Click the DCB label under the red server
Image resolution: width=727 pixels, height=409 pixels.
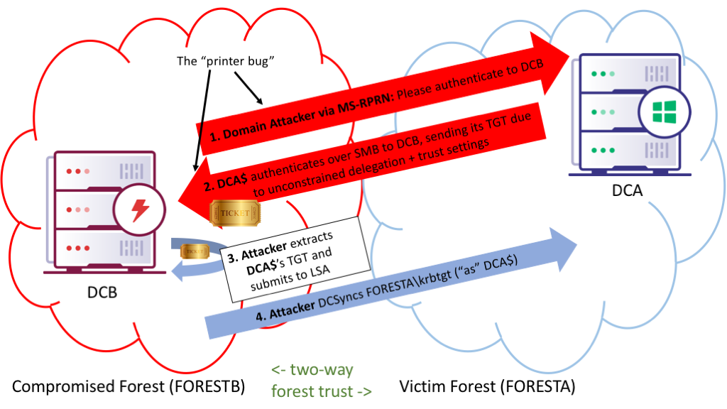click(x=102, y=292)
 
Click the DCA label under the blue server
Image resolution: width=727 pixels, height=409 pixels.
click(x=628, y=190)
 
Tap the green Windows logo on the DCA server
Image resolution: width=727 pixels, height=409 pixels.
click(x=665, y=111)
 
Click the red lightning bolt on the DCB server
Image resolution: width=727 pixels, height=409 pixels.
click(x=140, y=210)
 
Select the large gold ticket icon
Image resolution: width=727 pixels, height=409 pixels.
click(x=235, y=213)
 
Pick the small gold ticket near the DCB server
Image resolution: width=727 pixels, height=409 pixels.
click(x=195, y=251)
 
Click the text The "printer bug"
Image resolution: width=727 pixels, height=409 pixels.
click(x=225, y=61)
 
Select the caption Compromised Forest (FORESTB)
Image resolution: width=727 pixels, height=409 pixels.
click(x=129, y=386)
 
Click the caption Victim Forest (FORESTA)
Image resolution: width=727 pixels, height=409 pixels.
click(x=487, y=386)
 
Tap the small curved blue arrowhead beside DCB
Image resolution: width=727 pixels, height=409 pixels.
click(x=179, y=271)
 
